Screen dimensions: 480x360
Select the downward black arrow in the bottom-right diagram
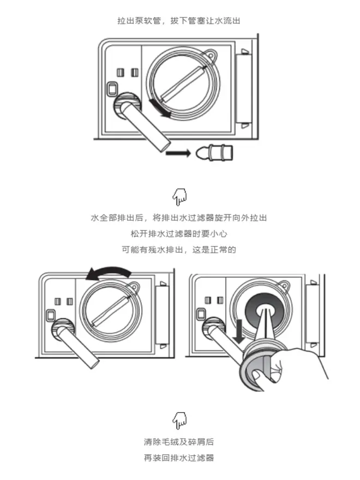(238, 331)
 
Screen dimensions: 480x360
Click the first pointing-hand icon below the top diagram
(179, 195)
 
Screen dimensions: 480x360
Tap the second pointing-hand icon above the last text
(179, 420)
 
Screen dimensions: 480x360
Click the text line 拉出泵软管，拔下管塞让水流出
(179, 21)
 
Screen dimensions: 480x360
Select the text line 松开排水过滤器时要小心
(179, 233)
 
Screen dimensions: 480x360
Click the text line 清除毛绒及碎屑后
(179, 441)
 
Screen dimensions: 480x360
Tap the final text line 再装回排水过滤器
(179, 458)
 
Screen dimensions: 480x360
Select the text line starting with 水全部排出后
(179, 218)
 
